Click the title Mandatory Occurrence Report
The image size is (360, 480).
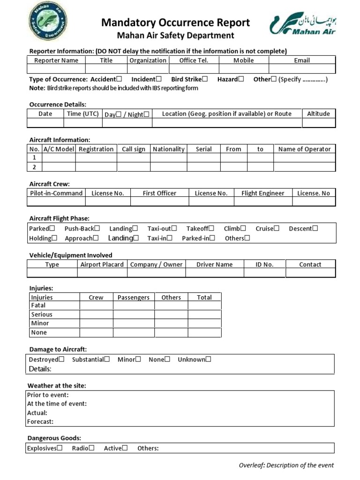coord(176,22)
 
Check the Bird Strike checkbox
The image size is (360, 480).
coord(205,79)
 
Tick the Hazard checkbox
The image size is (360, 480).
coord(241,79)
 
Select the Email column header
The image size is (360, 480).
coord(302,60)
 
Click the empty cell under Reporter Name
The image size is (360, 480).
coord(56,69)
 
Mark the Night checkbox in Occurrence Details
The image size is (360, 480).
coord(147,114)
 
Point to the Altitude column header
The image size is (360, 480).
coord(318,113)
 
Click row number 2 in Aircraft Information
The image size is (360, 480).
coord(34,167)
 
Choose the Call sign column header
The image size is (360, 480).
coord(134,149)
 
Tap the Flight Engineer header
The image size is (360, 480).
coord(262,193)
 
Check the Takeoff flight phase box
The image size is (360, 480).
coord(211,228)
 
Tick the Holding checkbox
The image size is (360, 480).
coord(54,238)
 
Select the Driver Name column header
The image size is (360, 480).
coord(214,264)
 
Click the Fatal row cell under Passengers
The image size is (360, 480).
coord(134,306)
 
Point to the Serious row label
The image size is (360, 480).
coord(42,315)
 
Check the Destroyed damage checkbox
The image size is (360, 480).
coord(61,360)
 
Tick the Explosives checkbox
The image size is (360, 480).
coord(60,448)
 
